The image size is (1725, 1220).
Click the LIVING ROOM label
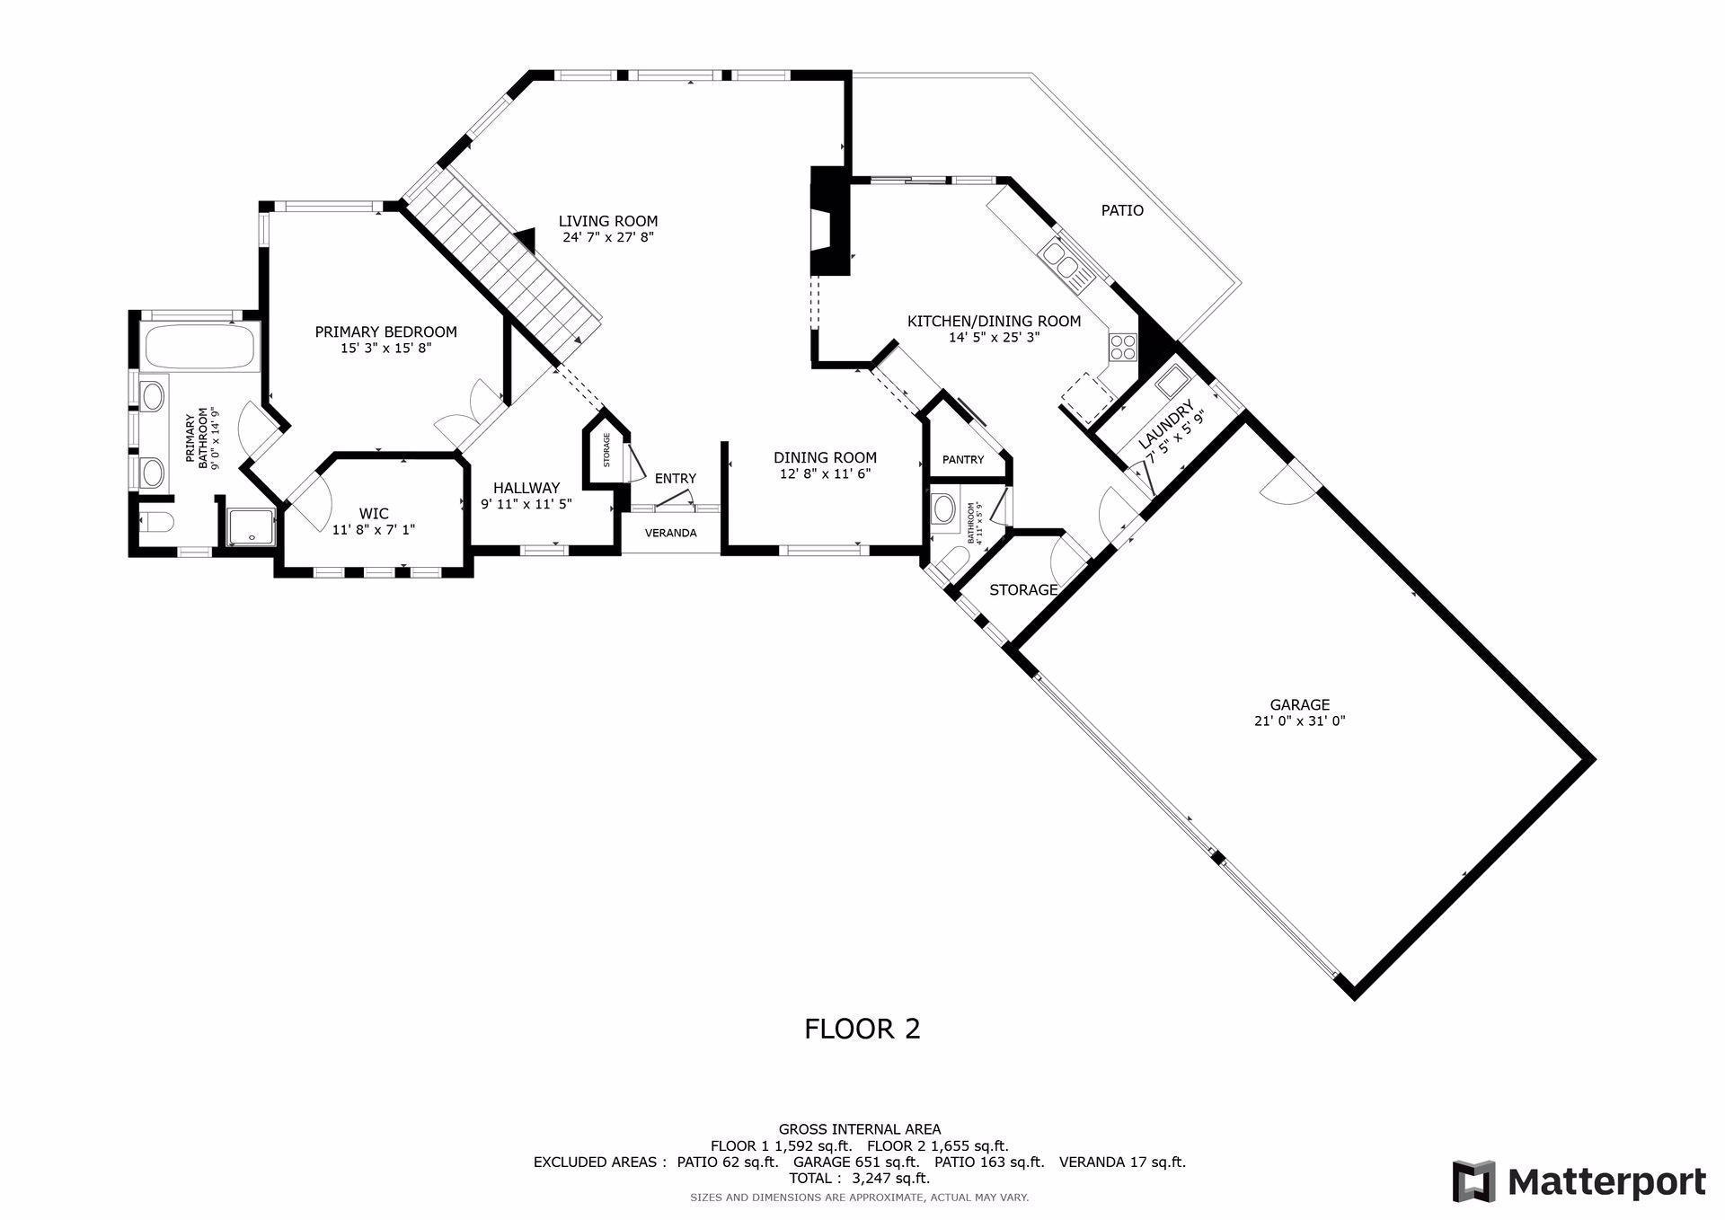pos(608,221)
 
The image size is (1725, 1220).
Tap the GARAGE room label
pos(1299,705)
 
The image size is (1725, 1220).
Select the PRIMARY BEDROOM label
pos(385,332)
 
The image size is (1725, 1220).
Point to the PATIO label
pos(1122,210)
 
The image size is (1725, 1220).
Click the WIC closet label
pos(374,514)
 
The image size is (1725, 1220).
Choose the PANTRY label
pos(963,460)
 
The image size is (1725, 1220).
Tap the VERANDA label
pos(671,533)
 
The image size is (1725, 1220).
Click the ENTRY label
pos(675,479)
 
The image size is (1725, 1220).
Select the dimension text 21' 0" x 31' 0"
pos(1299,721)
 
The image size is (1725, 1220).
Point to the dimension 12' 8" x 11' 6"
pos(825,473)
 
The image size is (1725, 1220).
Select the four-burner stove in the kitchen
pos(1122,346)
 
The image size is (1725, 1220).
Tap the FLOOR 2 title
pos(862,1029)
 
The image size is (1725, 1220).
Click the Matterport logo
pos(1579,1181)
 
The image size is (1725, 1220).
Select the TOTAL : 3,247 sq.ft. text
pos(859,1178)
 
